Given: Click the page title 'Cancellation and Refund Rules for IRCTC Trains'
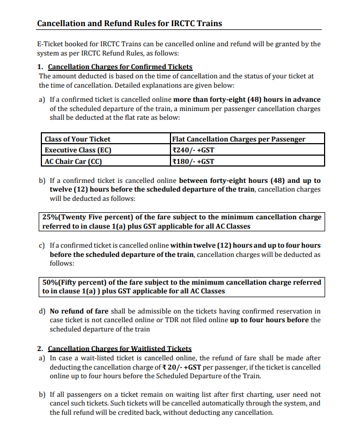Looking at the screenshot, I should [129, 24].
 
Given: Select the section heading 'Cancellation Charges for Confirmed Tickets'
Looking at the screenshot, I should [120, 67].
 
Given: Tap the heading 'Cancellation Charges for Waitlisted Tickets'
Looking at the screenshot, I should [120, 349].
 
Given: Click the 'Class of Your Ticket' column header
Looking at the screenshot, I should [77, 139].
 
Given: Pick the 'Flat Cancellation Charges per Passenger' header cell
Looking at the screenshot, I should [239, 139].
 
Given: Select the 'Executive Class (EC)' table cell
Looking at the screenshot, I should [78, 150].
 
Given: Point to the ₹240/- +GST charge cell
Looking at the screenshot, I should [193, 150].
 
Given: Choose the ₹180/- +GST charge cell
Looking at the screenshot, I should [193, 161].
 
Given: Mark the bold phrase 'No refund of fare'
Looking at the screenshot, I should [79, 311].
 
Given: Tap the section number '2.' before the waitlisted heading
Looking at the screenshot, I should [40, 349].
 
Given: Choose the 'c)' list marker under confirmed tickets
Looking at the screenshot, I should [42, 246].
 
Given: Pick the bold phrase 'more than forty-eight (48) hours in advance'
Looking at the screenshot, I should [247, 100].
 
